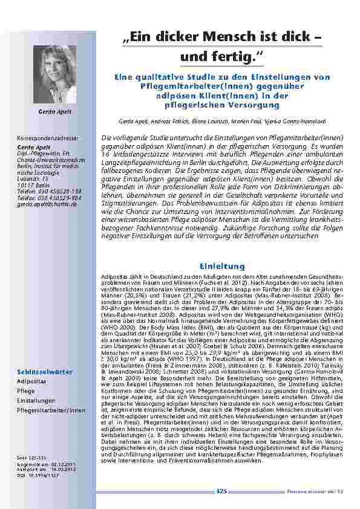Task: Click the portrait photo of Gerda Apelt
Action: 55,74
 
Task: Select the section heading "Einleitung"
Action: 221,266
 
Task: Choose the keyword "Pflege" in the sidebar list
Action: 25,392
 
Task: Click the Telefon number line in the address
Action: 47,193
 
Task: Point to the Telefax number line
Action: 47,198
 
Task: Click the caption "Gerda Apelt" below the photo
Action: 55,112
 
